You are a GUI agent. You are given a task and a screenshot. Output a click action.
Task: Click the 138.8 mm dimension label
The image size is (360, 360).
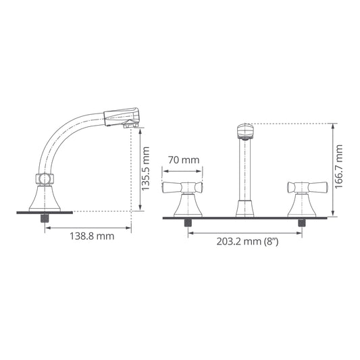click(92, 236)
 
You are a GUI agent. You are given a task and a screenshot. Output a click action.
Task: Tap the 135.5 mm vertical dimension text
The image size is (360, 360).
click(146, 169)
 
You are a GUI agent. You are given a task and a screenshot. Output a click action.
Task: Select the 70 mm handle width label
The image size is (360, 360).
click(184, 160)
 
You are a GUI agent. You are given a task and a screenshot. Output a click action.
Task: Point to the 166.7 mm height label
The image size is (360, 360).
click(338, 167)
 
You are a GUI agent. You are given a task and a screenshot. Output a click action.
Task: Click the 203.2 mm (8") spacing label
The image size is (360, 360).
click(247, 242)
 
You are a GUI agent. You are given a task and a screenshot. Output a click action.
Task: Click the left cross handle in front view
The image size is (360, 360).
click(182, 187)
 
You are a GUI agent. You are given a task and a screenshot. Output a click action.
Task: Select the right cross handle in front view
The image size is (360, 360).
click(307, 187)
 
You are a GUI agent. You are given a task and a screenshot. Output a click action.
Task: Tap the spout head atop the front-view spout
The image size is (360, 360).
click(245, 132)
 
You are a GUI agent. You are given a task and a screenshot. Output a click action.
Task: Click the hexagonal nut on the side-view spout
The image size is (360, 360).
click(45, 179)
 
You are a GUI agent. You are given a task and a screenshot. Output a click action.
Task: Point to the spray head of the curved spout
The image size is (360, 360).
click(122, 118)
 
